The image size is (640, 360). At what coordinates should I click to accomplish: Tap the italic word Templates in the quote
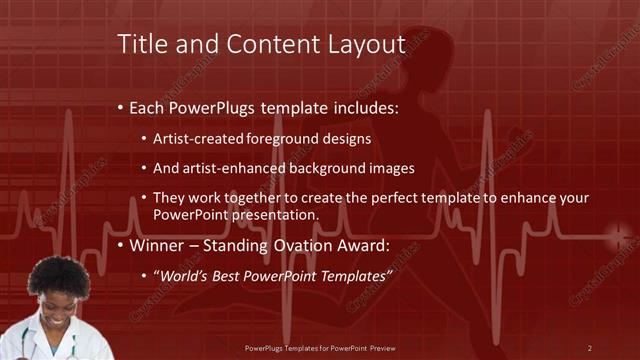coord(346,275)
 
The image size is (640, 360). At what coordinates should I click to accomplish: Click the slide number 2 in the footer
coord(589,347)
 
